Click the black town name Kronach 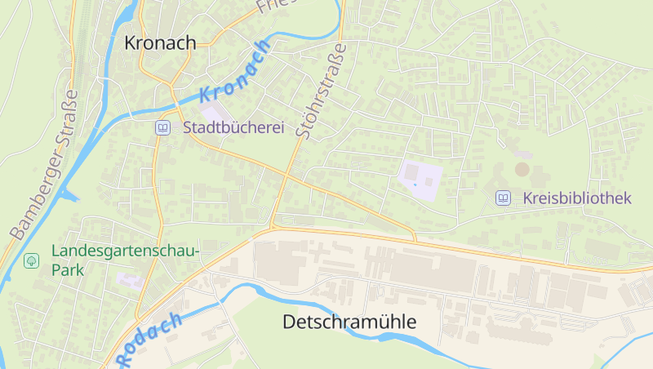click(x=160, y=42)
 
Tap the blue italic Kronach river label click(x=235, y=72)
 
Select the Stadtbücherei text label click(x=233, y=128)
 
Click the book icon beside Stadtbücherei click(x=163, y=128)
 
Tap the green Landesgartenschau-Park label click(x=124, y=251)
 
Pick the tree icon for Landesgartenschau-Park click(x=31, y=261)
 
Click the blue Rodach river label click(x=149, y=338)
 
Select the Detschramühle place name click(x=349, y=322)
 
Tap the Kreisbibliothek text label click(x=576, y=198)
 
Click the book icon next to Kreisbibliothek click(x=503, y=198)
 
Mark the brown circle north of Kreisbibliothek click(x=522, y=170)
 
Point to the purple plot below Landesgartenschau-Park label click(x=129, y=281)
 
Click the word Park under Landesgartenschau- click(x=69, y=269)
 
